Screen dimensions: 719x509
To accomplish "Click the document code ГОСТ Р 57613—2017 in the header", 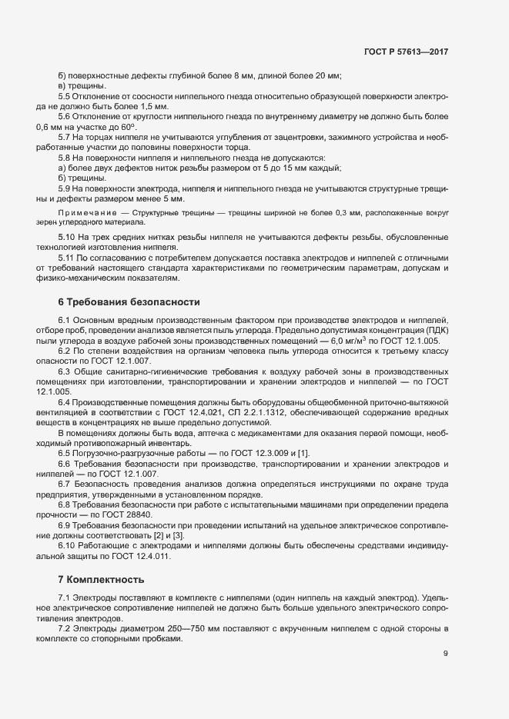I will coord(406,52).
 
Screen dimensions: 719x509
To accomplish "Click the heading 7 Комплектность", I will coord(101,578).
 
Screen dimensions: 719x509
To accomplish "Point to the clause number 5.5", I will coord(65,96).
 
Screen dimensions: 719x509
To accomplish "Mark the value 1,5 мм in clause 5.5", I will coord(154,106).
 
